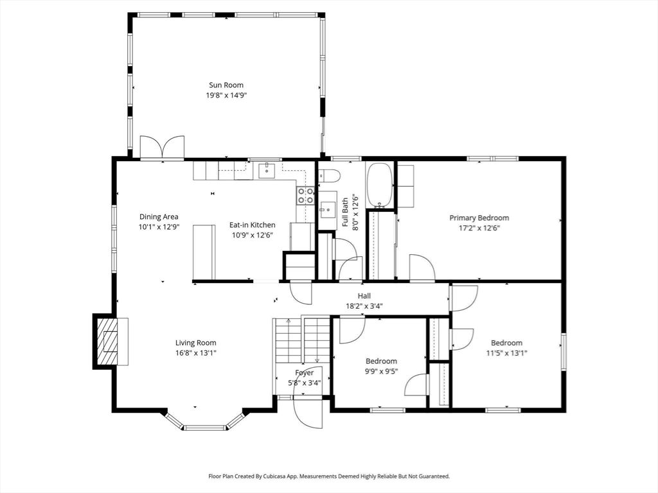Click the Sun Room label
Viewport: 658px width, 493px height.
click(x=226, y=85)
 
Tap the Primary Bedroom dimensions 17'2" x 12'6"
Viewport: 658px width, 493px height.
click(x=479, y=227)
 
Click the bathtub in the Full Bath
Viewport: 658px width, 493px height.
click(x=379, y=186)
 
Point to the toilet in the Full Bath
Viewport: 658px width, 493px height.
click(x=329, y=177)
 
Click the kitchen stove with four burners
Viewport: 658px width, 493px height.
click(x=305, y=195)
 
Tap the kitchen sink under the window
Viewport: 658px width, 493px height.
click(x=267, y=171)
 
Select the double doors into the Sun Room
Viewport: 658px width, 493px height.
click(x=162, y=148)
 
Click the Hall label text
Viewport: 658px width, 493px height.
click(x=364, y=296)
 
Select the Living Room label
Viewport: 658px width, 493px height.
click(x=196, y=343)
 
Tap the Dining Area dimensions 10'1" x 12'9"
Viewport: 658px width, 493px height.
click(x=159, y=227)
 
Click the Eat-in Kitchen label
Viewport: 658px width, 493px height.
click(x=253, y=225)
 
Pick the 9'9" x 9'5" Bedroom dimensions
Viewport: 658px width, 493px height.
click(x=381, y=371)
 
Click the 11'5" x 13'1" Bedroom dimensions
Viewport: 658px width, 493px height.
click(x=506, y=352)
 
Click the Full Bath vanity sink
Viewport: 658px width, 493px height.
click(x=327, y=209)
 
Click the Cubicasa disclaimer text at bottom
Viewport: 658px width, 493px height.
click(x=328, y=476)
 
